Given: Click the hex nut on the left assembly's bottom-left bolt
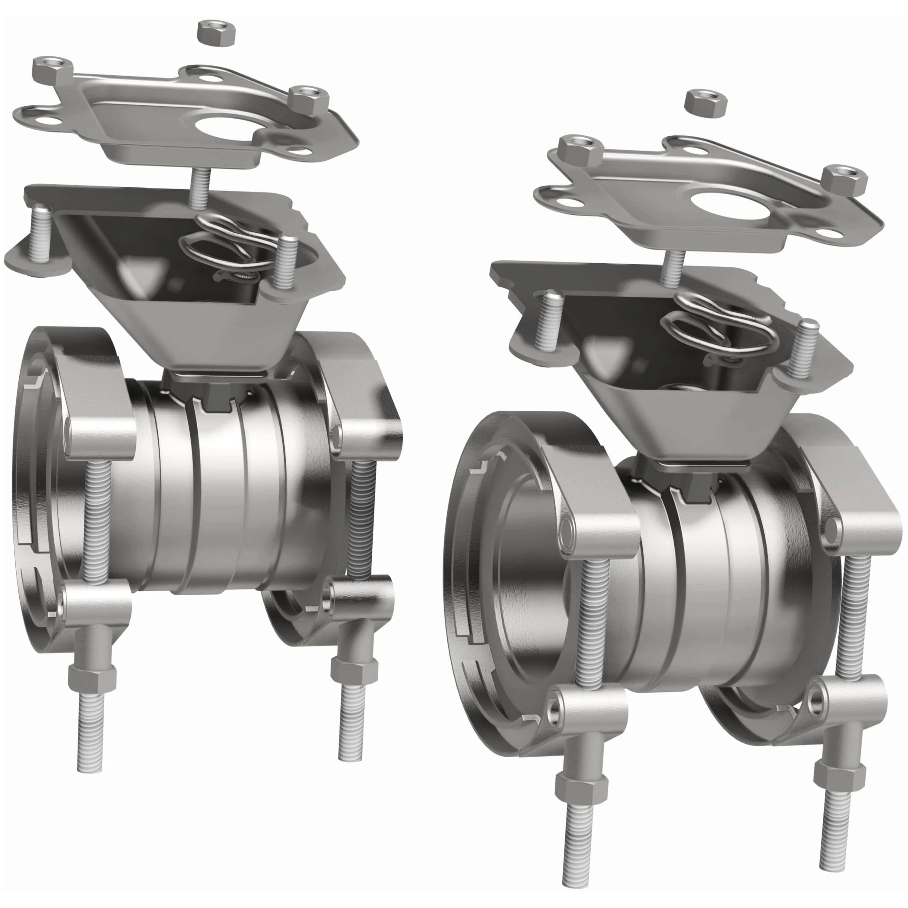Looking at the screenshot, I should pyautogui.click(x=92, y=678).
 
